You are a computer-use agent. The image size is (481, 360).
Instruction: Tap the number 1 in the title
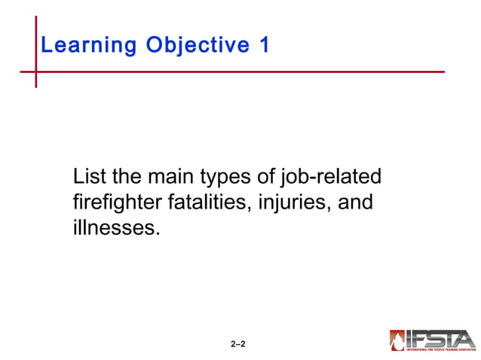[x=264, y=45]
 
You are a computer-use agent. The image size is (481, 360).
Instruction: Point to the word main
[x=170, y=178]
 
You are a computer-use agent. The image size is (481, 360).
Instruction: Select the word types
[x=228, y=179]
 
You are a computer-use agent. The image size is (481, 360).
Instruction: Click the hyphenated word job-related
[x=330, y=178]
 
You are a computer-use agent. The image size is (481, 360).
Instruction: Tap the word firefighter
[x=112, y=203]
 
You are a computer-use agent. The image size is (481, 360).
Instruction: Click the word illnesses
[x=116, y=227]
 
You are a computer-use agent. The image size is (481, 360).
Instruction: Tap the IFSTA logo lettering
[x=441, y=338]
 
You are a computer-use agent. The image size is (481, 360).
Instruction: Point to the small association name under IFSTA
[x=441, y=349]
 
